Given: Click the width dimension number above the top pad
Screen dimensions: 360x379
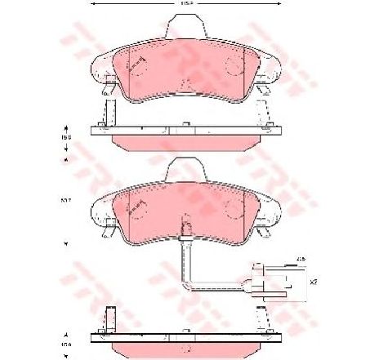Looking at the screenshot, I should (x=187, y=6).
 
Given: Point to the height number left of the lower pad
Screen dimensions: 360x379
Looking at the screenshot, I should (x=65, y=199).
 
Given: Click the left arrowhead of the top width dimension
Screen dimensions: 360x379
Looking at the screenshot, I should (x=92, y=6).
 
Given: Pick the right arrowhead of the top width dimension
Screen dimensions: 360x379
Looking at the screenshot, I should (x=283, y=6).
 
